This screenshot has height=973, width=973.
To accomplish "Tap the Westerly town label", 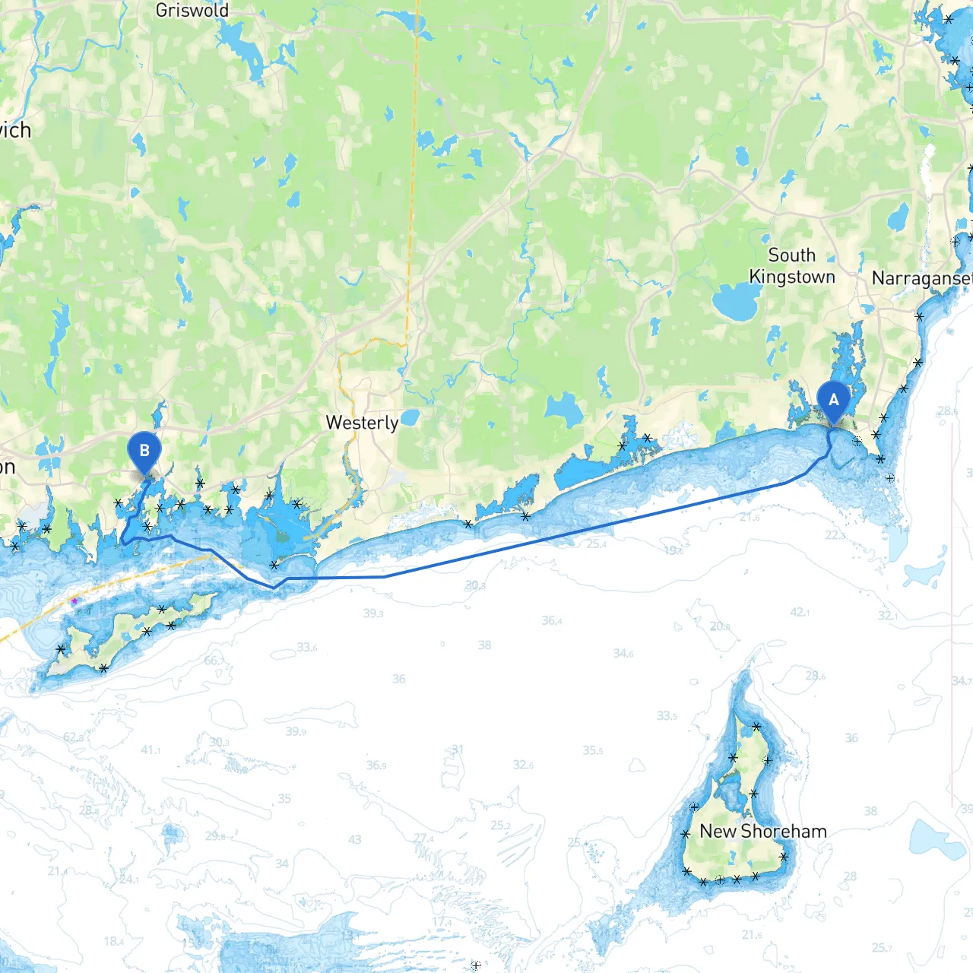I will click(x=362, y=423).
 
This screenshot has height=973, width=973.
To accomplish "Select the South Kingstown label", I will click(x=792, y=266).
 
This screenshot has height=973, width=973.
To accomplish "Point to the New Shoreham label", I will click(x=762, y=832).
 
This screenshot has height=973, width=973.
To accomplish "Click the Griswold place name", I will click(x=192, y=11).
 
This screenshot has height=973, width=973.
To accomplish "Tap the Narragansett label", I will click(x=921, y=279).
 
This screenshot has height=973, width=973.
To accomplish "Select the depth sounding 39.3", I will click(x=372, y=613).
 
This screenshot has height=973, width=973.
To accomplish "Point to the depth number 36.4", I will click(x=553, y=621).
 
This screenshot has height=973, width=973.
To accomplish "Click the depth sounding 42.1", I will click(x=800, y=612).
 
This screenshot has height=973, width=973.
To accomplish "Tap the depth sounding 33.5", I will click(x=667, y=716).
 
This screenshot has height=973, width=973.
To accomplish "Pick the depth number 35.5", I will click(x=593, y=750).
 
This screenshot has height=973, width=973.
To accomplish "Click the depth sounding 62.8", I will click(x=74, y=737).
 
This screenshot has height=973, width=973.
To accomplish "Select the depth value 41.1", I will click(x=151, y=750).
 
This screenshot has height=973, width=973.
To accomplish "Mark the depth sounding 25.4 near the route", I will click(x=596, y=544).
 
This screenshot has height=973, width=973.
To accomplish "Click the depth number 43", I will click(x=355, y=839).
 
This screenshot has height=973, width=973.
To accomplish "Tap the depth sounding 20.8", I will click(x=720, y=626).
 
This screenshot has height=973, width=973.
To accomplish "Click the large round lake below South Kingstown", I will click(x=736, y=302).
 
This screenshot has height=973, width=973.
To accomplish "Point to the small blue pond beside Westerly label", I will click(x=410, y=417).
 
